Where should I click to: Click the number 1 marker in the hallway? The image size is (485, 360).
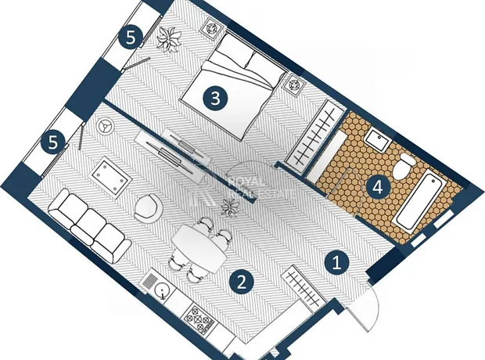tap(337, 263)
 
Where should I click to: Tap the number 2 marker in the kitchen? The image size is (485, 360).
tap(242, 283)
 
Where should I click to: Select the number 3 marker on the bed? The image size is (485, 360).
tap(215, 99)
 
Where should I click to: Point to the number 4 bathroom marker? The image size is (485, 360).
tap(378, 188)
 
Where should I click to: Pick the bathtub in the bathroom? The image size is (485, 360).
tap(419, 203)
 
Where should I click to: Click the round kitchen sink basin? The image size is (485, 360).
tap(162, 291)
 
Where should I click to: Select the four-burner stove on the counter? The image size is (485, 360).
tap(199, 319)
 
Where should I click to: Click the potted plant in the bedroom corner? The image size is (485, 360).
tap(169, 39)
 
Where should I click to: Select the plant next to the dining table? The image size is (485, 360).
tap(229, 207)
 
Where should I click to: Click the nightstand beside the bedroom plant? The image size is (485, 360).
tap(212, 28)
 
